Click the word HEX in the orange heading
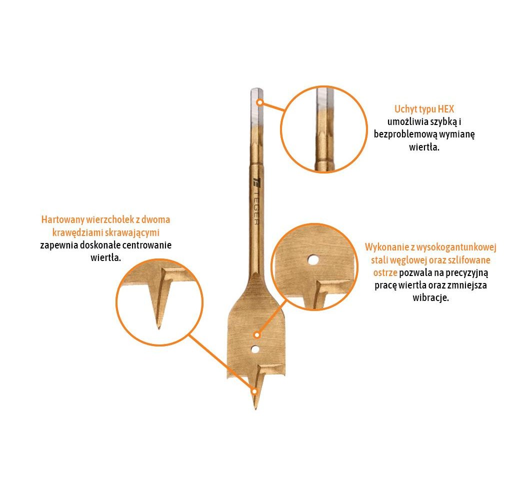445,109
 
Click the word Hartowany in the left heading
62,220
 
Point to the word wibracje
430,298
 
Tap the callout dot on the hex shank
259,102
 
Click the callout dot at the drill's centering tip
254,391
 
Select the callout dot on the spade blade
257,335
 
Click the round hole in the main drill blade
255,350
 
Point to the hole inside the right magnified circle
313,260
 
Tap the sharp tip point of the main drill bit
255,409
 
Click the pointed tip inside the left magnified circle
159,327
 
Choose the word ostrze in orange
385,272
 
